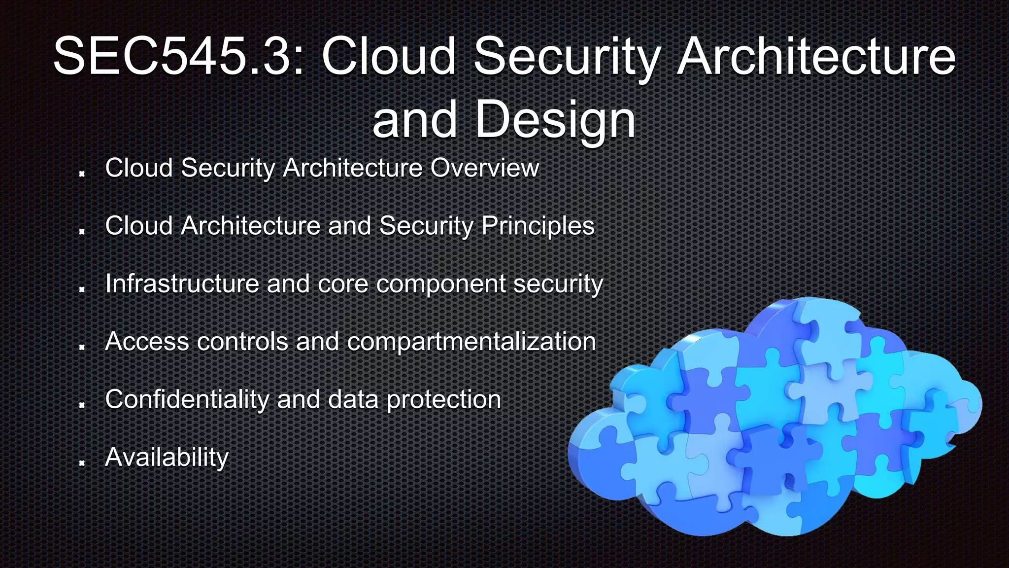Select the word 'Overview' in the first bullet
[485, 168]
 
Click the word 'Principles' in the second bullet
[538, 226]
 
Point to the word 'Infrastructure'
[182, 284]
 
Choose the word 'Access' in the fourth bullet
[147, 341]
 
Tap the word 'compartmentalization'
[471, 342]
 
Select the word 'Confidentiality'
[187, 399]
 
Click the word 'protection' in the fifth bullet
[444, 400]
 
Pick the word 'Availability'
[167, 458]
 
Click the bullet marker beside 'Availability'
[82, 462]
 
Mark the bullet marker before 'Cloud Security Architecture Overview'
[82, 173]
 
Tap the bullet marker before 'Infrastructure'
[82, 289]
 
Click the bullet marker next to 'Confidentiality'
[82, 405]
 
